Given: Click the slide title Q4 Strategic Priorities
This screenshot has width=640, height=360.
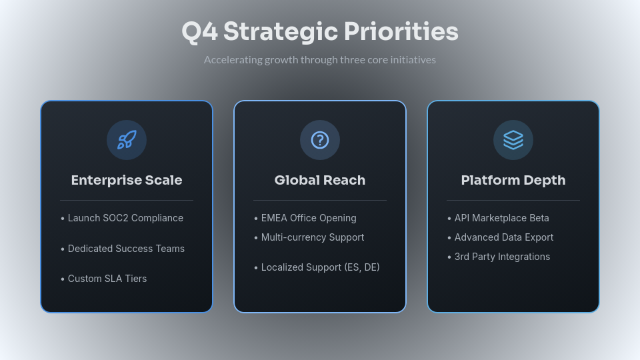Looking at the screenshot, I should click(x=320, y=32).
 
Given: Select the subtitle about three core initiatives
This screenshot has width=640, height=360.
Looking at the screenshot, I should click(x=320, y=60).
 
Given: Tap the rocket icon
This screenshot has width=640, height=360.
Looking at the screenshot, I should click(x=127, y=140).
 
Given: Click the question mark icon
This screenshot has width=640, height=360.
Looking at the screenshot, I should click(x=320, y=140).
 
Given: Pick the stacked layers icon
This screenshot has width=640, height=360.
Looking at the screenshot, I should click(x=513, y=140).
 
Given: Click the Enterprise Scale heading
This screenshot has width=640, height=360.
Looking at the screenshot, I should click(x=127, y=180).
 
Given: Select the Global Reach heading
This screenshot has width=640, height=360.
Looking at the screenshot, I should click(x=320, y=180).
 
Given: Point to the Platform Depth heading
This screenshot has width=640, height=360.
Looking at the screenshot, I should click(x=513, y=180).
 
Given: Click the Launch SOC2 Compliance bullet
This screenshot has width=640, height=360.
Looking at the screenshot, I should click(x=125, y=218).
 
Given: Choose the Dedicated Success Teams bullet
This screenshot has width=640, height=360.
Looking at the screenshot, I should click(x=126, y=249).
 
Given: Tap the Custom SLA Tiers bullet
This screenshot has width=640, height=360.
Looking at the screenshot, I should click(x=107, y=279).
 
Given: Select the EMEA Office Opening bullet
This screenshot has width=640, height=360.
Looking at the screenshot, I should click(x=309, y=218).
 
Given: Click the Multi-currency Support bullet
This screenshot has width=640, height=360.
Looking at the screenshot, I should click(x=313, y=237).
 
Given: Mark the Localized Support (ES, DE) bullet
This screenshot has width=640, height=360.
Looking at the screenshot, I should click(x=320, y=267).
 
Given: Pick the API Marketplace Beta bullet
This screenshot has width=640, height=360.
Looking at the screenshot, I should click(x=501, y=218).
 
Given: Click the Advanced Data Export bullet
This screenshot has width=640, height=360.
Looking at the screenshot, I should click(x=504, y=237).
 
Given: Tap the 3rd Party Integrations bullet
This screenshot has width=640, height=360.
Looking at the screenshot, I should click(x=502, y=257).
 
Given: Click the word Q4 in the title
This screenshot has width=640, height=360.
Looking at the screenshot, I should click(x=199, y=32).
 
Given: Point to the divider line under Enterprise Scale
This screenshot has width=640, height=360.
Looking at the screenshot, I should click(x=127, y=200).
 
